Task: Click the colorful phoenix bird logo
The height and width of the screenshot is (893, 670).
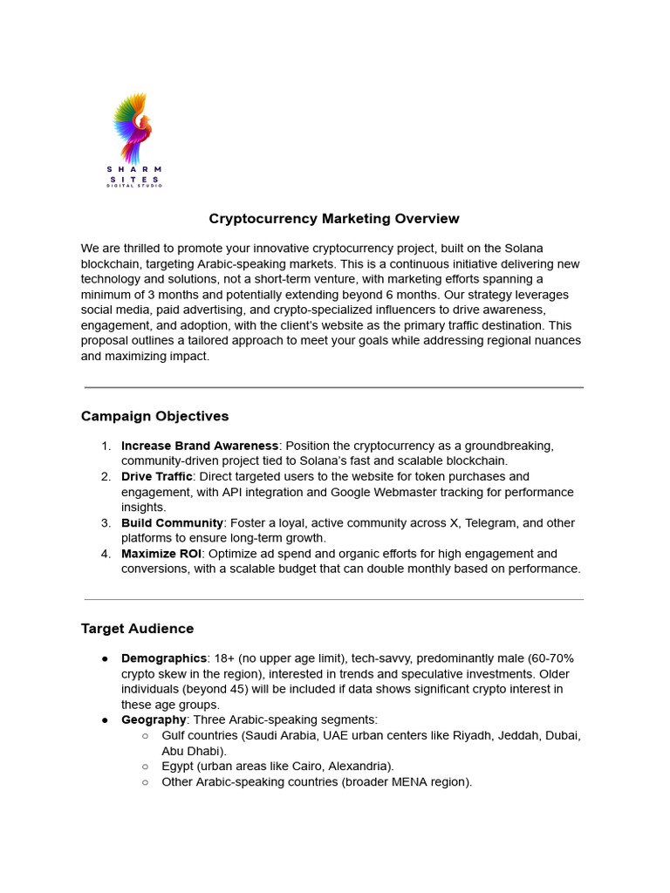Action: pos(133,129)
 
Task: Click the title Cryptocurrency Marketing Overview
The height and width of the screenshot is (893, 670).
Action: pos(334,219)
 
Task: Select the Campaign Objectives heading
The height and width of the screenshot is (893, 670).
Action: pos(154,416)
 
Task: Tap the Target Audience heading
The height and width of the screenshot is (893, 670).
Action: pos(137,628)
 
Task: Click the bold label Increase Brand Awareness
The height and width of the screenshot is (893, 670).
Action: pos(200,446)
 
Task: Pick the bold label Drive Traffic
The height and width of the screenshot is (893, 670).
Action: pos(157,476)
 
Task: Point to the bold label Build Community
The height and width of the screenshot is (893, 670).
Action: pos(172,522)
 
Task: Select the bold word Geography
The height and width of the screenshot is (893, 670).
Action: pos(154,719)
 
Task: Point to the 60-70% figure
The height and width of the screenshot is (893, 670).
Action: pos(550,658)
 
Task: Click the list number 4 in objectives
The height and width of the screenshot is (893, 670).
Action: pos(105,554)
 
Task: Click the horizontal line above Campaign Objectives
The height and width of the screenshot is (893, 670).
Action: pos(334,387)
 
